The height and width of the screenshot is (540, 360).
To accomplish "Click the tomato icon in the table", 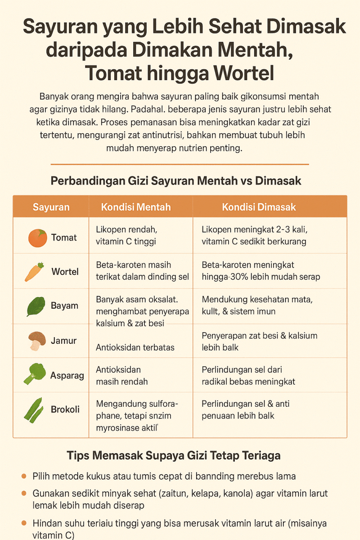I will click(x=38, y=238).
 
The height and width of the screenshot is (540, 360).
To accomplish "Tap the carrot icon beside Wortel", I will click(x=34, y=272).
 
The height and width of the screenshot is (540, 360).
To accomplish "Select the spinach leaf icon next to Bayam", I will click(x=36, y=306).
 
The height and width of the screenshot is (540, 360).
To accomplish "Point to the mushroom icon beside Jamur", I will click(x=36, y=341).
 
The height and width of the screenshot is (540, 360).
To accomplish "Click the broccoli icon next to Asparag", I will click(x=35, y=374).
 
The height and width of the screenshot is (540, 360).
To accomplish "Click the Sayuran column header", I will click(x=51, y=207).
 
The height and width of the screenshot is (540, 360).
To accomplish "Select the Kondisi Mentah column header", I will click(x=135, y=207).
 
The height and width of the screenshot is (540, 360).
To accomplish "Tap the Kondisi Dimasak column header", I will click(x=259, y=207).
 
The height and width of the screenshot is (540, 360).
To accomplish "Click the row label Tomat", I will click(x=64, y=238).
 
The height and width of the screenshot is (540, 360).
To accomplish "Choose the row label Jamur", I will click(x=64, y=341).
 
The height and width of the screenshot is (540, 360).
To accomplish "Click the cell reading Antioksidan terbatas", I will click(x=135, y=347).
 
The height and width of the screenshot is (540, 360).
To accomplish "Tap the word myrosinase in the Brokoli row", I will click(x=116, y=428).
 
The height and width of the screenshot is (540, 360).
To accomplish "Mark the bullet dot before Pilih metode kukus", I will click(x=24, y=476).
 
